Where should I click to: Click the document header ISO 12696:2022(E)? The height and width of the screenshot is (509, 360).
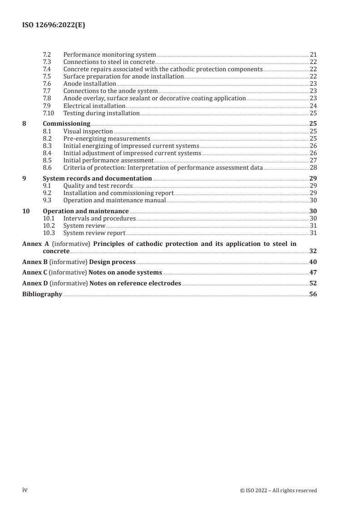tap(54, 25)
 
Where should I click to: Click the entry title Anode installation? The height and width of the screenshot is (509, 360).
tap(89, 84)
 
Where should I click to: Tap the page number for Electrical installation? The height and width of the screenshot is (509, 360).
tap(313, 106)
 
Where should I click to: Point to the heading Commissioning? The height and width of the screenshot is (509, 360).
tap(66, 123)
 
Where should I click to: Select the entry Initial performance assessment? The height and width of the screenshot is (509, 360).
tap(108, 160)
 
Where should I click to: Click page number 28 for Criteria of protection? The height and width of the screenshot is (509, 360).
tap(313, 167)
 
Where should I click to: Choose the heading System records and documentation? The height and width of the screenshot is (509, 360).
tap(97, 178)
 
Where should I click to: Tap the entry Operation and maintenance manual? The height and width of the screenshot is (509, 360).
tap(114, 200)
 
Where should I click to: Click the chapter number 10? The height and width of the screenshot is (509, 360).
tap(26, 211)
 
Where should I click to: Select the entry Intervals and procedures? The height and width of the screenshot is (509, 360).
tap(99, 218)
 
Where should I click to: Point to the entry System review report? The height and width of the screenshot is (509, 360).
tap(94, 233)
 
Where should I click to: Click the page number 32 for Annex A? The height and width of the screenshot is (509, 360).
tap(313, 251)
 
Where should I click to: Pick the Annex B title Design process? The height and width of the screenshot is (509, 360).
tap(112, 262)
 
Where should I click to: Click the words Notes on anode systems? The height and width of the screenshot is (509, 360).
tap(126, 272)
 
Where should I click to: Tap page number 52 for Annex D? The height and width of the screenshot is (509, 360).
tap(313, 283)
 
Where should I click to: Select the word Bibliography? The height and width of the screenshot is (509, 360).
tap(42, 294)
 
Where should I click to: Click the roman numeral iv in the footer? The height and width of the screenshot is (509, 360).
tap(25, 489)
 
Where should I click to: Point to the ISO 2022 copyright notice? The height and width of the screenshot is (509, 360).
tap(278, 490)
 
